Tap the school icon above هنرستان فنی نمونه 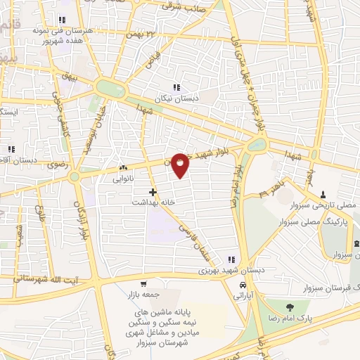pos(63,20)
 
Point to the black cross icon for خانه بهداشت pos(153,191)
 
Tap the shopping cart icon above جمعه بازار pos(143,284)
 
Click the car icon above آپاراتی pos(243,285)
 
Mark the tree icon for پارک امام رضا pos(290,307)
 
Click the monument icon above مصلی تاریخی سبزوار pos(323,194)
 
